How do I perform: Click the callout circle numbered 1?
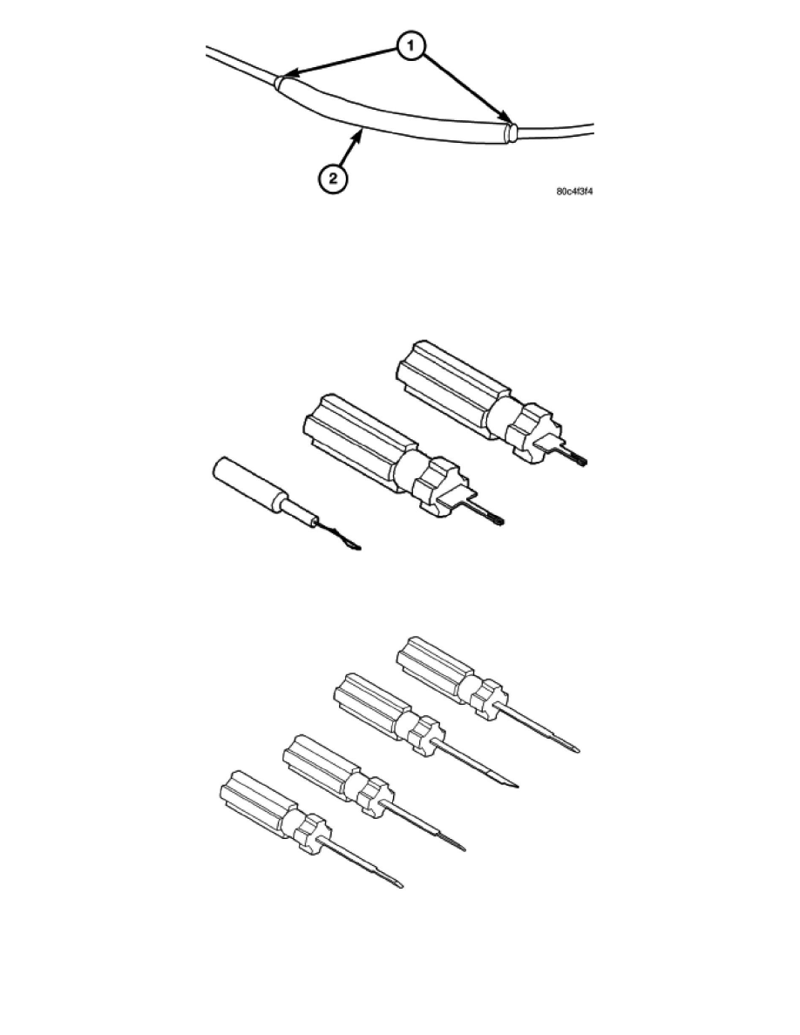(x=410, y=46)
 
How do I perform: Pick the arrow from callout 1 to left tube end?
(x=342, y=63)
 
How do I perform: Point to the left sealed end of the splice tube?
(x=281, y=83)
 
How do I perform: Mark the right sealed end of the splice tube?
(x=509, y=132)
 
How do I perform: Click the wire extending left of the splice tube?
(x=241, y=64)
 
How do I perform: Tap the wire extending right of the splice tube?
(x=554, y=131)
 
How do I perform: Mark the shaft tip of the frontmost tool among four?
(x=397, y=883)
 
